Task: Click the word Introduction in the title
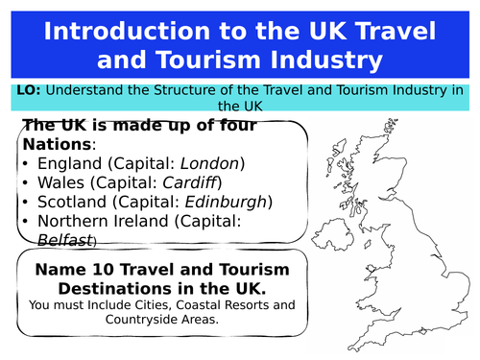coord(127,31)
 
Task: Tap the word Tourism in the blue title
coord(208,60)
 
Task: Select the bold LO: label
coord(29,90)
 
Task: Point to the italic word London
coord(209,163)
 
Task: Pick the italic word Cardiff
coord(190,182)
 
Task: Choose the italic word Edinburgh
coord(226,203)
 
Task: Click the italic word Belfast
coord(65,240)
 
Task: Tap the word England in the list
coord(70,164)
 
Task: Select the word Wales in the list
coord(60,182)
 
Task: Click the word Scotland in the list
coord(72,202)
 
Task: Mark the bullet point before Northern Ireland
coord(25,221)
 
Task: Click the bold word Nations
coord(58,144)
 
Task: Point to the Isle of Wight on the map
coord(423,331)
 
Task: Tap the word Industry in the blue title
coord(326,60)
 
